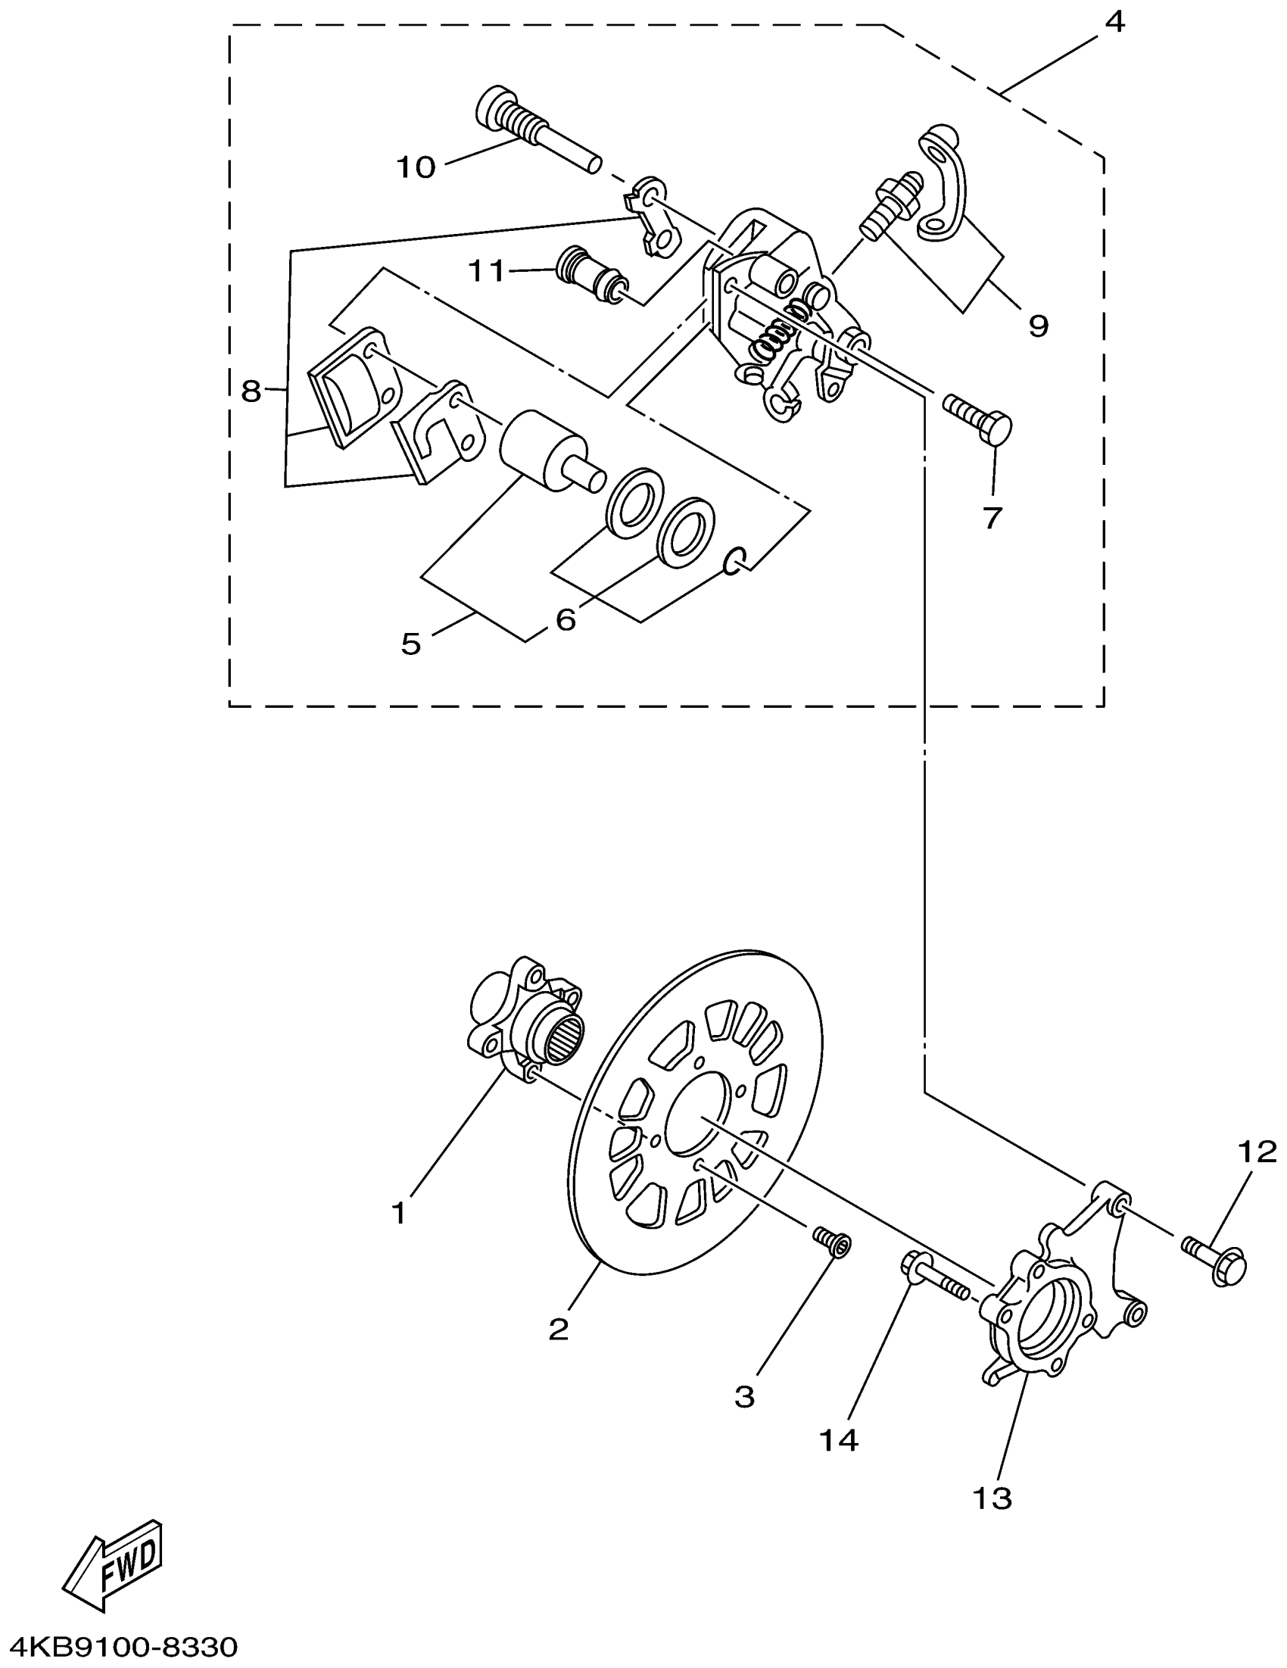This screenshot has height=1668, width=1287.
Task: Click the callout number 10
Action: pos(416,167)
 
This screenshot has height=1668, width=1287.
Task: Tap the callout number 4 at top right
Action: pos(1115,22)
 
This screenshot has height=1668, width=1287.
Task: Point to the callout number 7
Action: pos(992,519)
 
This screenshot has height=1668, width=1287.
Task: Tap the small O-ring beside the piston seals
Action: pos(734,561)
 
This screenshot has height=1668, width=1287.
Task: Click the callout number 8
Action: pos(251,392)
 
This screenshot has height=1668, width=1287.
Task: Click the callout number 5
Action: pos(411,644)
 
